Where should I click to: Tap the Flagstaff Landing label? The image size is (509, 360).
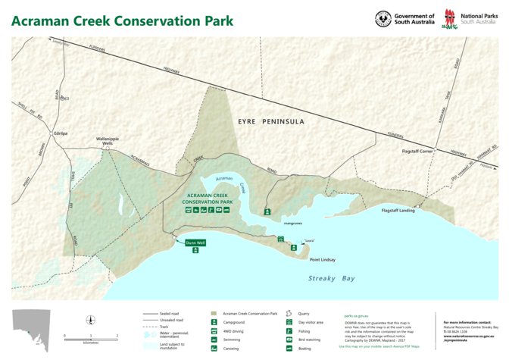click(x=398, y=210)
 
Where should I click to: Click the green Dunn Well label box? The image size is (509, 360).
click(x=195, y=243)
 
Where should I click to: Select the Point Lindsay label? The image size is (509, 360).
click(x=324, y=259)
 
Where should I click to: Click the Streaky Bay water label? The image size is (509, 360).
click(x=331, y=279)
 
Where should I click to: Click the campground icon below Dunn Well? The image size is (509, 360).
click(x=195, y=251)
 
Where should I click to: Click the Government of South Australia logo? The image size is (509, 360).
click(x=404, y=19)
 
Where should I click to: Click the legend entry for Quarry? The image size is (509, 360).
click(x=303, y=312)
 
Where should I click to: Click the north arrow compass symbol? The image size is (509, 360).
click(x=92, y=320)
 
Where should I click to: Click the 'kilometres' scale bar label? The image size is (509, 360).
click(x=91, y=343)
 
